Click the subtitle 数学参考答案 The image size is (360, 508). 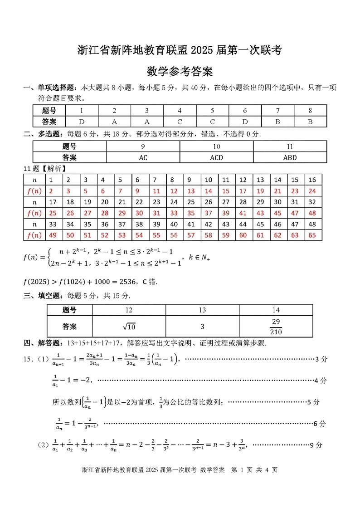pyautogui.click(x=180, y=72)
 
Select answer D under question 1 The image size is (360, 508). pyautogui.click(x=82, y=122)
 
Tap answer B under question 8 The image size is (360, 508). pyautogui.click(x=310, y=122)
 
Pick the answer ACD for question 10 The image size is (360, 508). pyautogui.click(x=216, y=157)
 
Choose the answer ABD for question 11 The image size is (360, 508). pyautogui.click(x=290, y=157)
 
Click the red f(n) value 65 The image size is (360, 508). pyautogui.click(x=312, y=235)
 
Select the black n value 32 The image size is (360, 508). pyautogui.click(x=312, y=202)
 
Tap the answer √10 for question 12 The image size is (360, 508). pyautogui.click(x=129, y=327)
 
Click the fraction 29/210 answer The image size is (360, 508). pyautogui.click(x=276, y=327)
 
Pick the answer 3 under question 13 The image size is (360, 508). pyautogui.click(x=202, y=327)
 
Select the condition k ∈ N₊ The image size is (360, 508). pyautogui.click(x=199, y=258)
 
